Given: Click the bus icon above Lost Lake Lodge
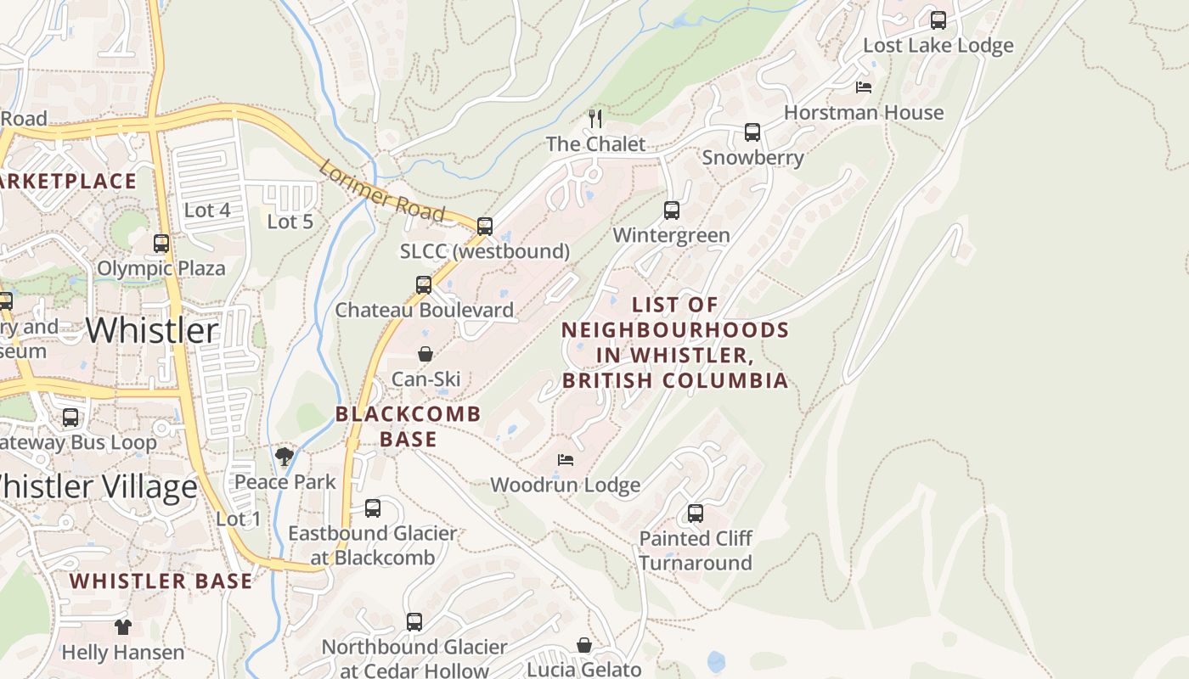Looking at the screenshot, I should coord(938,20).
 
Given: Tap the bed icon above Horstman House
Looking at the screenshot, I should coord(863,87).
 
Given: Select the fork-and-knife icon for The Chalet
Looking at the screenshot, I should coord(595,118).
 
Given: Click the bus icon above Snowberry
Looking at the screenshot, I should coord(752,132).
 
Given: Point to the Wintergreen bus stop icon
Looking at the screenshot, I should coord(672,210).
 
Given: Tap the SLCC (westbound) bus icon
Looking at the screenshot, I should coord(485,227).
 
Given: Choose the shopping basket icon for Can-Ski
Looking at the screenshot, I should coord(425,354).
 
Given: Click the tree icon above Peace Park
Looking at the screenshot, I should coord(285,457).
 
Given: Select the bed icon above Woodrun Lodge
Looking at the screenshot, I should coord(566,460).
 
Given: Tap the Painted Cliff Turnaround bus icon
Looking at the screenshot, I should coord(696,513).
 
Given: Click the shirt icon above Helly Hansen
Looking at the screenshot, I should coord(123,627).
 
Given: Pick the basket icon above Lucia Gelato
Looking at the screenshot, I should coord(584,645).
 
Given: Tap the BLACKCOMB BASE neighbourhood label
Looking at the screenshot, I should coord(409,426).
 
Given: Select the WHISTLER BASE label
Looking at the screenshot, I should coord(161,581).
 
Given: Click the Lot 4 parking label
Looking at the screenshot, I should coord(207,210).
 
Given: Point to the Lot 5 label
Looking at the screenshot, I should coord(290,222).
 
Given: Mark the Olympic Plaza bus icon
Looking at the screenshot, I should coord(161,244).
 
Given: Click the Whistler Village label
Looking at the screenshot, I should coord(98,487).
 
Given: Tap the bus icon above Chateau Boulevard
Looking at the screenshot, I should coord(424,285).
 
